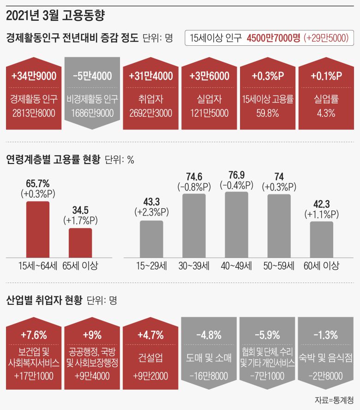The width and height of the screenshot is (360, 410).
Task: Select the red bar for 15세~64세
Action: [x=37, y=229]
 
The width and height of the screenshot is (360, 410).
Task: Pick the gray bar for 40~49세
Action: [x=236, y=224]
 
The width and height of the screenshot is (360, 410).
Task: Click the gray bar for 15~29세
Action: [x=151, y=239]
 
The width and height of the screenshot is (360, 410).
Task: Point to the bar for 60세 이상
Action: [x=321, y=239]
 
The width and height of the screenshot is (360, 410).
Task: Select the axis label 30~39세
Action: [x=194, y=266]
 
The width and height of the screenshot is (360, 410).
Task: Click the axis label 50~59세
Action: [x=279, y=266]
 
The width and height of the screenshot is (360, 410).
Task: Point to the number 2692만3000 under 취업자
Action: [x=151, y=112]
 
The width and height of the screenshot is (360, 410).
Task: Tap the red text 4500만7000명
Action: [x=273, y=39]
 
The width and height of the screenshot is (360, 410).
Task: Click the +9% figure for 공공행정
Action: [x=92, y=335]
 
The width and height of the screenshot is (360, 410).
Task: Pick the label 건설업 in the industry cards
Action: [x=151, y=357]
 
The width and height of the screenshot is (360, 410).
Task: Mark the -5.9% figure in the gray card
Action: [x=267, y=335]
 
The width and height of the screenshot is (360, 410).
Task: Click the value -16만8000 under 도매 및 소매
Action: [x=209, y=376]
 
